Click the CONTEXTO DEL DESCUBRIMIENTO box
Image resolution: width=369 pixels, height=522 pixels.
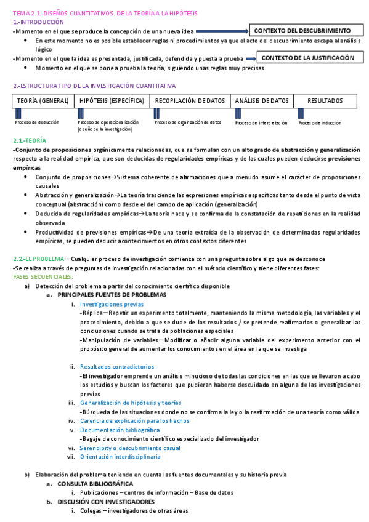pos(302,30)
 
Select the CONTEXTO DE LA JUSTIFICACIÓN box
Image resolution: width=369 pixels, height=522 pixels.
pos(308,58)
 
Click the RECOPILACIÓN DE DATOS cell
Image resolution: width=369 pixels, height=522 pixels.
pos(190,100)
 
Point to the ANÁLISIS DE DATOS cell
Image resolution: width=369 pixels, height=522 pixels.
pos(261,100)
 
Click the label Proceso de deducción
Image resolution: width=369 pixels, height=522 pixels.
pos(37,122)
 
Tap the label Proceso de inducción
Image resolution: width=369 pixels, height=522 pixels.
pos(320,122)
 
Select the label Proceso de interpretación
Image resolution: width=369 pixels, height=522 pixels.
pos(261,122)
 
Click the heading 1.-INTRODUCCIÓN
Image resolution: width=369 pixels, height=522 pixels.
pos(38,22)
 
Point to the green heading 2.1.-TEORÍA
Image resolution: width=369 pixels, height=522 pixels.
pos(29,141)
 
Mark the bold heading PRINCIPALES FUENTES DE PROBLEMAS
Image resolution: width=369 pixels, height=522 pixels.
pos(112,295)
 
